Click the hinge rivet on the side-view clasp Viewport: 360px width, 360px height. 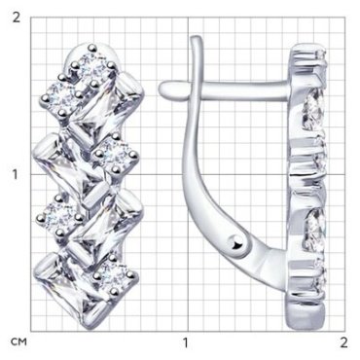click(236, 243)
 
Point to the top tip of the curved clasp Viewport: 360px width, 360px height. click(196, 38)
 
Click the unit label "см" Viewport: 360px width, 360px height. click(18, 342)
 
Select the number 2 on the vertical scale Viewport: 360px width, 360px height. click(16, 18)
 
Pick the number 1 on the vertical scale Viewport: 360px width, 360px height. click(16, 175)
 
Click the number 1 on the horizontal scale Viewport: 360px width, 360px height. click(185, 342)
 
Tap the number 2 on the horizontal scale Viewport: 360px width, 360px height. click(343, 342)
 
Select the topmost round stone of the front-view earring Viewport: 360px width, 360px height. click(92, 67)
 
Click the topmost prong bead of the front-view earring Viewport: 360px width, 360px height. click(93, 48)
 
